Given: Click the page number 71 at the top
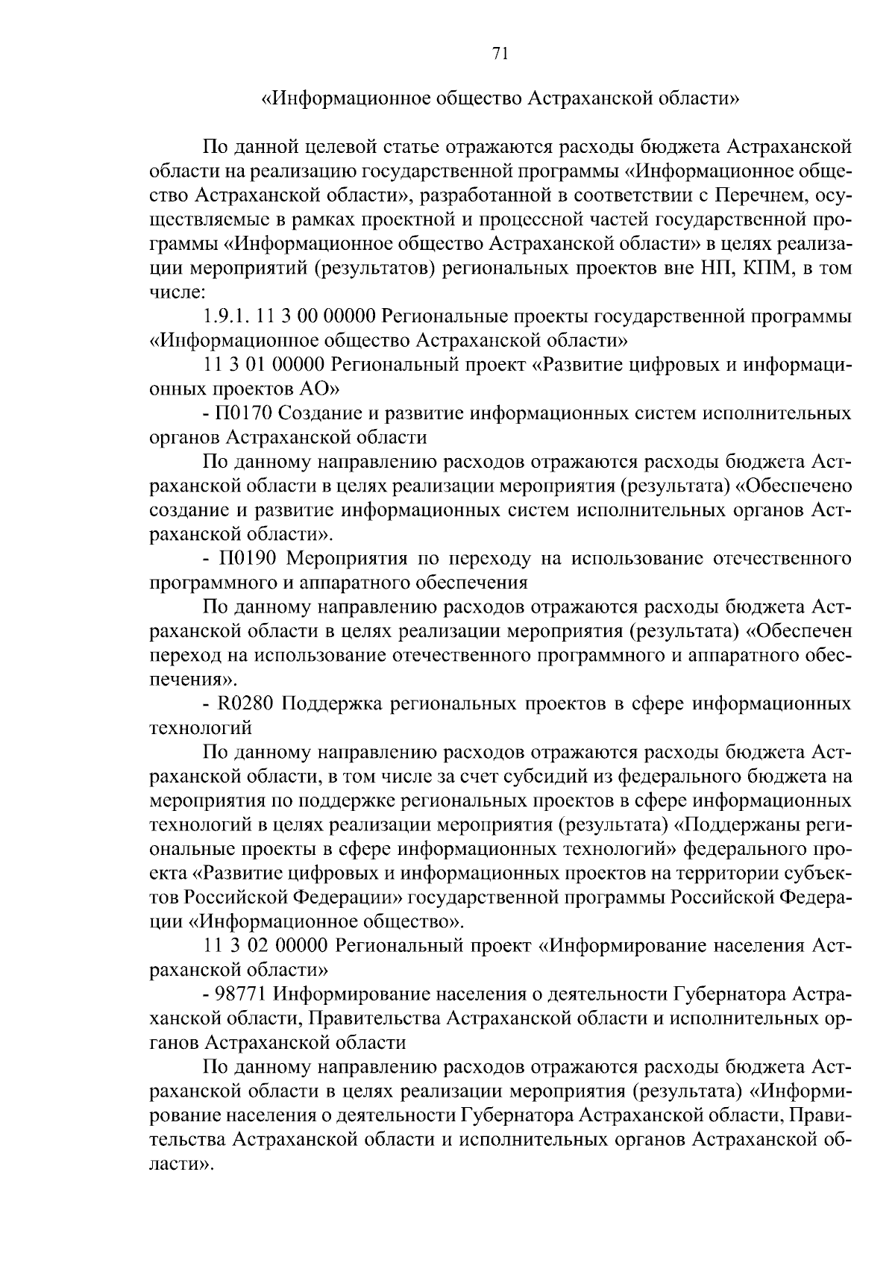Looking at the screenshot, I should (500, 52).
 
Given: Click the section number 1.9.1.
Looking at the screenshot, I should (225, 316).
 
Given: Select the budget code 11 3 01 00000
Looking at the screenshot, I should (264, 365).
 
